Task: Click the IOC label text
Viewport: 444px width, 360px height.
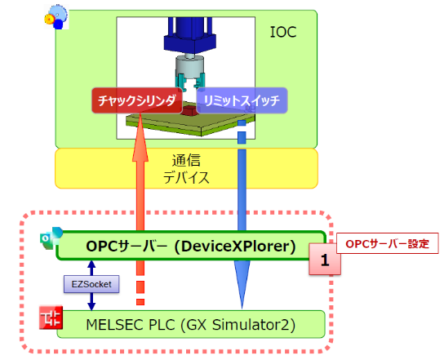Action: [283, 32]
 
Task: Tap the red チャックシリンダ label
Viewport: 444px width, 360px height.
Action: [137, 100]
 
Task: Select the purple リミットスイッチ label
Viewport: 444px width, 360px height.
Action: [242, 100]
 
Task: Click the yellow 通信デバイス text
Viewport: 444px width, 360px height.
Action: [186, 169]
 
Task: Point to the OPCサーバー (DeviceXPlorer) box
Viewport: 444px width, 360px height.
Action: [192, 246]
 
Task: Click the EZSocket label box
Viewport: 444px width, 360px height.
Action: [91, 284]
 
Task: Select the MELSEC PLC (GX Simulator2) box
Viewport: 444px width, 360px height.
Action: [191, 324]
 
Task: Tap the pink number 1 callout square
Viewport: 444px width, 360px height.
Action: [325, 259]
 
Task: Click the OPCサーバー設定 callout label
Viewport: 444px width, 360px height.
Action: [388, 243]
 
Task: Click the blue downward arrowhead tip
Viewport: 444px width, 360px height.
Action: [242, 309]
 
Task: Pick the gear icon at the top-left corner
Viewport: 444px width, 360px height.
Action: [56, 17]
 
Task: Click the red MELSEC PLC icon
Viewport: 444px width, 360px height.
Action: [51, 318]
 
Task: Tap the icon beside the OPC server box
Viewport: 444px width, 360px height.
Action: [51, 238]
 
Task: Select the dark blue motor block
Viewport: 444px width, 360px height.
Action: [189, 35]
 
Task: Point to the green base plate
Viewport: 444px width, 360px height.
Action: [190, 124]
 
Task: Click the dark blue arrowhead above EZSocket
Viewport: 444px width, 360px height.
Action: [91, 264]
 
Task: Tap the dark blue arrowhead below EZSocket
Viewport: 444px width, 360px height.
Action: [91, 306]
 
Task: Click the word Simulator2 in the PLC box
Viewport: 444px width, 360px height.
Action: [254, 325]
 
